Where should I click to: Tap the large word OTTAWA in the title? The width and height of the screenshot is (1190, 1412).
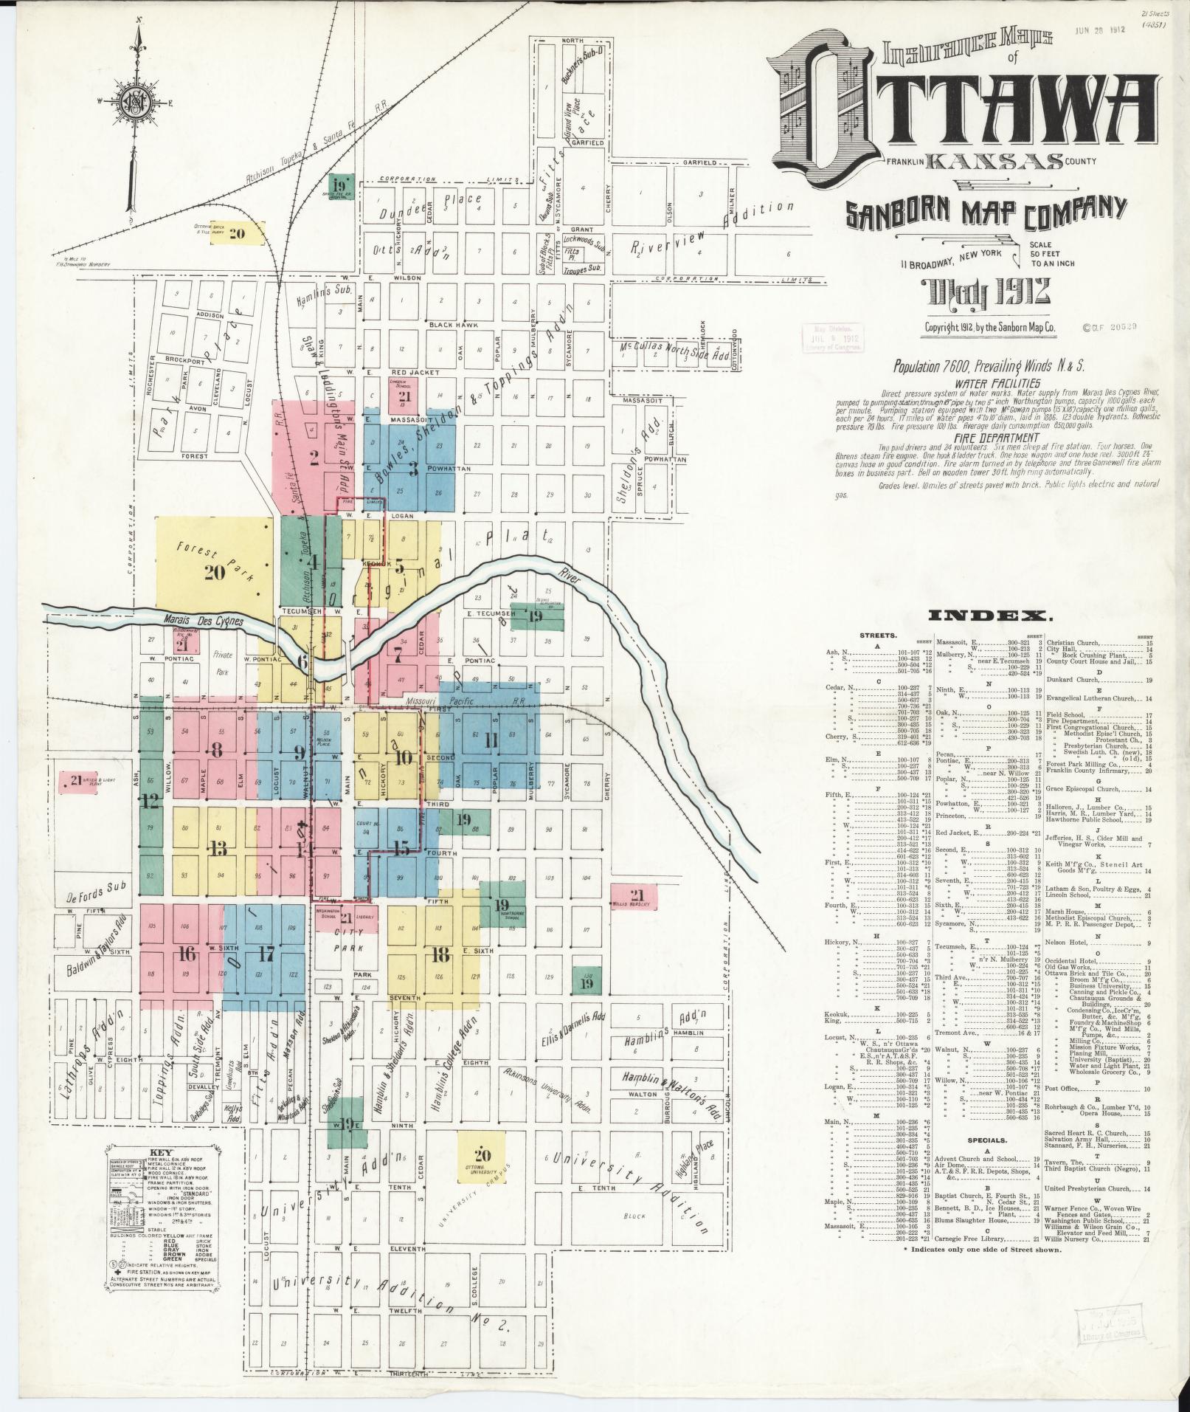[959, 111]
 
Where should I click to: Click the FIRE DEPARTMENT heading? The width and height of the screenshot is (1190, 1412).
[996, 438]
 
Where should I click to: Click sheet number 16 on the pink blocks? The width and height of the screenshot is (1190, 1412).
[187, 954]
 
